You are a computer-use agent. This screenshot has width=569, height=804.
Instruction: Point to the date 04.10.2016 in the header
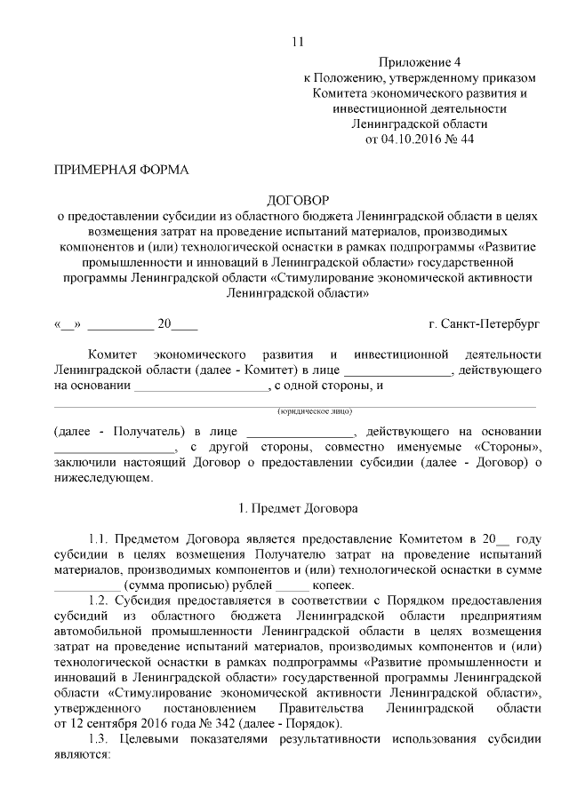[411, 139]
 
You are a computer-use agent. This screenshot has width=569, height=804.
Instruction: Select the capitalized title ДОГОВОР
[298, 201]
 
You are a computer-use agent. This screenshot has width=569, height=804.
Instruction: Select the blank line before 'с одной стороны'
[201, 386]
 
